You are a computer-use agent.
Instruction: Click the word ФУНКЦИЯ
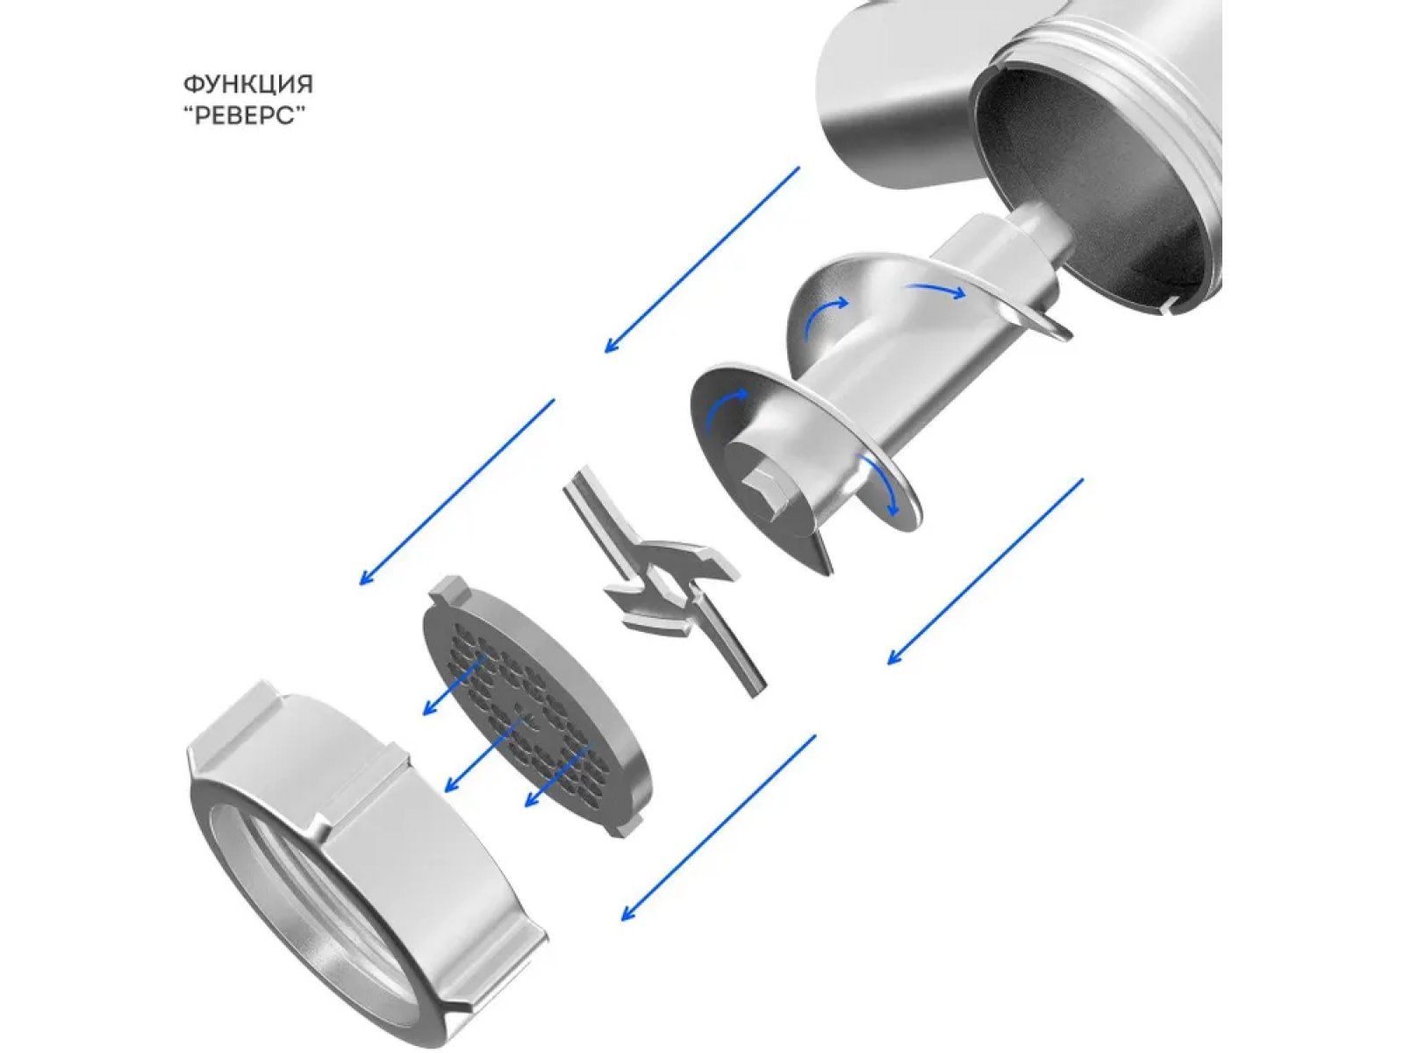coord(248,84)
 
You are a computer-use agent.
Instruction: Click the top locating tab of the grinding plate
coord(451,587)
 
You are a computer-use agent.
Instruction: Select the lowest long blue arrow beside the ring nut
coord(719,828)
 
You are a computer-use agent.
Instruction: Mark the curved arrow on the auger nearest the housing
coord(935,291)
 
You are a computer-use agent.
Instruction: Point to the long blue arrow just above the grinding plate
coord(456,492)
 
